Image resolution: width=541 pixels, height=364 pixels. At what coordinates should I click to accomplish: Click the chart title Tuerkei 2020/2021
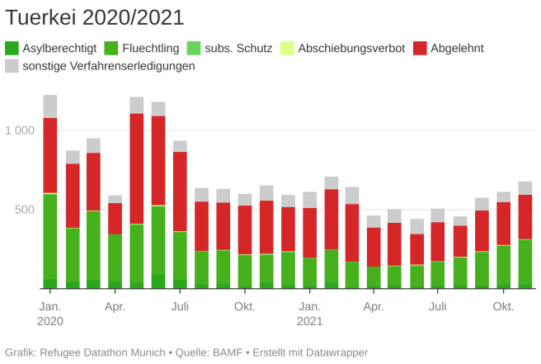(x=95, y=17)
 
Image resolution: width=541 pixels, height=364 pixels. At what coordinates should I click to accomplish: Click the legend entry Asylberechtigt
(x=59, y=48)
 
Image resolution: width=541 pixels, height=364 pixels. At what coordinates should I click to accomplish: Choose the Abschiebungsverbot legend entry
(x=351, y=48)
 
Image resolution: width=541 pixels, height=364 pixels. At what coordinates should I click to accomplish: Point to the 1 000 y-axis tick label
(x=20, y=130)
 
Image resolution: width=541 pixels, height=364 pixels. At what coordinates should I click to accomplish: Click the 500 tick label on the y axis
(x=26, y=210)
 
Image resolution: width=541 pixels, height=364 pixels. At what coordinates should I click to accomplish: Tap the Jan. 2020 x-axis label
(x=50, y=314)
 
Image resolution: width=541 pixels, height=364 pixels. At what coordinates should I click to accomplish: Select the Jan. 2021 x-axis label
(x=309, y=314)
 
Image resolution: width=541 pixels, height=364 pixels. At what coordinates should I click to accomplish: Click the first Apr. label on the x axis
(x=115, y=307)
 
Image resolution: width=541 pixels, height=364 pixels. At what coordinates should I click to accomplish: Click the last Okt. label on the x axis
(x=503, y=307)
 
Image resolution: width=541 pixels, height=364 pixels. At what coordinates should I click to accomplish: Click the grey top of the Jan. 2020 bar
(x=50, y=106)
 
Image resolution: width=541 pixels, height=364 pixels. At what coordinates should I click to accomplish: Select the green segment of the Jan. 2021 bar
(x=309, y=272)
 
